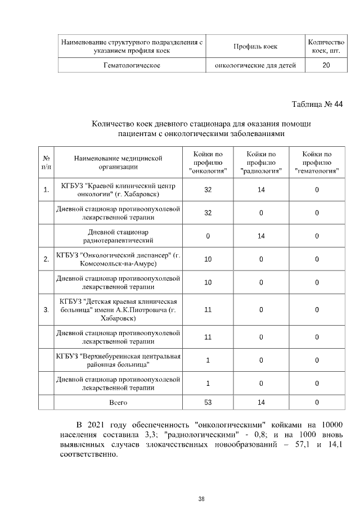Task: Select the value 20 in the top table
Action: pyautogui.click(x=326, y=65)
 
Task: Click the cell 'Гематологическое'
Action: pyautogui.click(x=132, y=65)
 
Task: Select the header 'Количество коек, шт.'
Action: pyautogui.click(x=326, y=46)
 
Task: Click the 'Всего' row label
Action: pyautogui.click(x=118, y=402)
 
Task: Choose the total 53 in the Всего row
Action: pyautogui.click(x=208, y=402)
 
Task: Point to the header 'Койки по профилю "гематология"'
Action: pyautogui.click(x=317, y=162)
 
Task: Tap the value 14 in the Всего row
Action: pyautogui.click(x=261, y=402)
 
